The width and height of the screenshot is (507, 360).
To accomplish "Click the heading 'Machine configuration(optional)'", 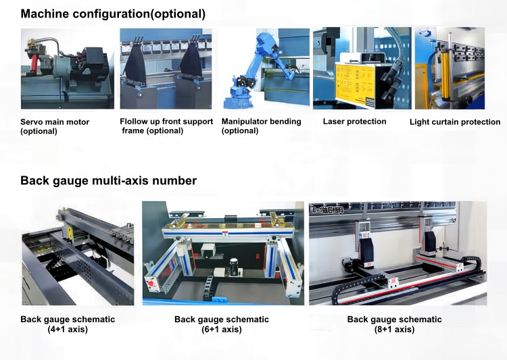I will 113,14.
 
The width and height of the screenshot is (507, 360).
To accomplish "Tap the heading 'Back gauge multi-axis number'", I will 108,180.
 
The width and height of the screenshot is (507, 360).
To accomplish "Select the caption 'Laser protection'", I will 354,122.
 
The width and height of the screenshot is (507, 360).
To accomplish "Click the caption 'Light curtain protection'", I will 455,122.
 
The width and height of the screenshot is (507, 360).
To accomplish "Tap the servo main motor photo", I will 67,68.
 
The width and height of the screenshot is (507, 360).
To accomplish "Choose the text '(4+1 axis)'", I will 68,330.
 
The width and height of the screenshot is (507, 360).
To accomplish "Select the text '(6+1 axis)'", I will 222,330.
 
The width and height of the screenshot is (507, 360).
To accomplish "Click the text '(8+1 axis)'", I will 395,330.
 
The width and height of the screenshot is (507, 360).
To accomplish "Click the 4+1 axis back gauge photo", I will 78,253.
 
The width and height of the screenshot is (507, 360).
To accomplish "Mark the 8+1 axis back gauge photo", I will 397,253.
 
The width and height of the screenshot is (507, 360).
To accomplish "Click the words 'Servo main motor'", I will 55,122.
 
